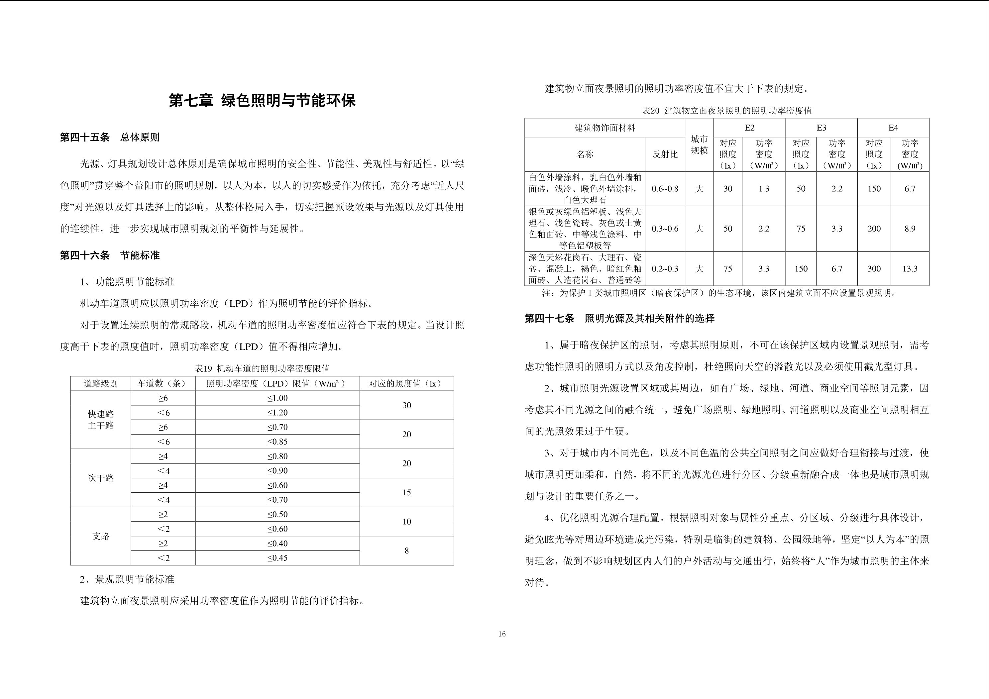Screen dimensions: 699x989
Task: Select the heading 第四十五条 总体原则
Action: (x=109, y=138)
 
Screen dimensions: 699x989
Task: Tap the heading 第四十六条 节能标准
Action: (x=109, y=255)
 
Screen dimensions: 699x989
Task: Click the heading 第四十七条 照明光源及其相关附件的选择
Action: (x=619, y=319)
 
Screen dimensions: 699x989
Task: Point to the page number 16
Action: (x=502, y=634)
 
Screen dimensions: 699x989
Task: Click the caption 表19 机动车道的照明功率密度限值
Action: (x=262, y=369)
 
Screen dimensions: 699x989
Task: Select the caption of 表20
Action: (x=727, y=111)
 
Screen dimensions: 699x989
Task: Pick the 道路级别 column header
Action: (x=100, y=384)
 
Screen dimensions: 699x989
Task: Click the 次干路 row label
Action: (x=100, y=478)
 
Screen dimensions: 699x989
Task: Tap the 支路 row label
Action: (x=100, y=536)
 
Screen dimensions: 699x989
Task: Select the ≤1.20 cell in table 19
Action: (x=277, y=413)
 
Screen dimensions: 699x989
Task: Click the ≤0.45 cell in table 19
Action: (x=277, y=558)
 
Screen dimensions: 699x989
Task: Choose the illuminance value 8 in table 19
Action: (x=407, y=551)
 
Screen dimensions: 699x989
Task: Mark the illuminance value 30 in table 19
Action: (x=407, y=405)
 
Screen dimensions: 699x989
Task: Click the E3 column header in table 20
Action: (x=821, y=128)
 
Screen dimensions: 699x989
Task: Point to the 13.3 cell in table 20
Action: (x=910, y=269)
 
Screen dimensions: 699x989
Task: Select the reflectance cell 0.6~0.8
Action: (x=665, y=189)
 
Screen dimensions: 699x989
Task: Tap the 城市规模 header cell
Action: (x=699, y=145)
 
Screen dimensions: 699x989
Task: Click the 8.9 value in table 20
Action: (x=910, y=229)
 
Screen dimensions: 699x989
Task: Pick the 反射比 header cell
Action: (x=665, y=154)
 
